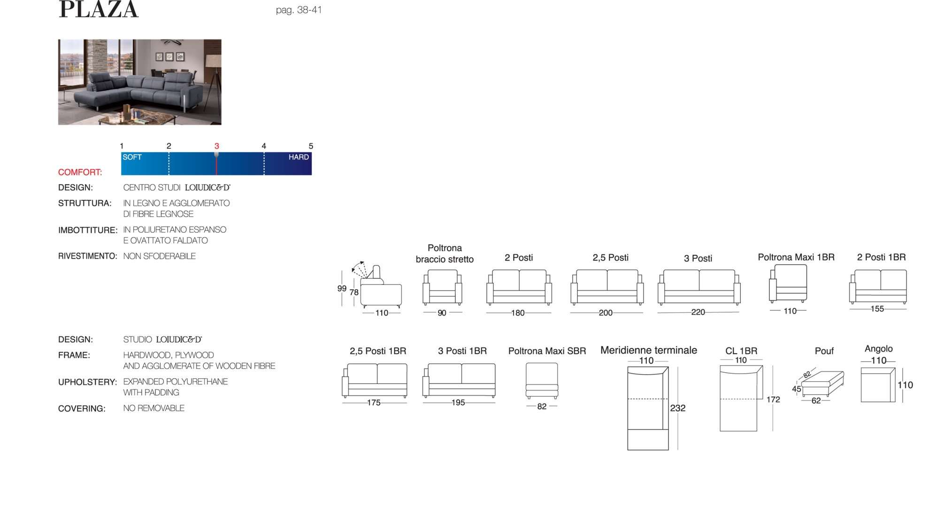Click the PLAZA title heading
(99, 9)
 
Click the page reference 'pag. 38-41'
(299, 10)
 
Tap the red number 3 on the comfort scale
(216, 146)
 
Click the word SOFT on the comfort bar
(132, 157)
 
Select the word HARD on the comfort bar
(299, 157)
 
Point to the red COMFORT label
(80, 172)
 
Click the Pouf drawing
(822, 384)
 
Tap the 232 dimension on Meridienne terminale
(677, 408)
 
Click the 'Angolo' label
(878, 349)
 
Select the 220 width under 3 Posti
(698, 312)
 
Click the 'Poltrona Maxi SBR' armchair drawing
(542, 381)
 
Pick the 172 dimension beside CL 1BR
(773, 399)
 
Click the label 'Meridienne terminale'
(649, 350)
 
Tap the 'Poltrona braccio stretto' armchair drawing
(442, 287)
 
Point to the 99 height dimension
(342, 289)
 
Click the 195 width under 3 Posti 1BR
(458, 402)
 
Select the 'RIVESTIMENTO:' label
(87, 256)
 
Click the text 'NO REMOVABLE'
(154, 408)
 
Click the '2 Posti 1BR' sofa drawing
(878, 287)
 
